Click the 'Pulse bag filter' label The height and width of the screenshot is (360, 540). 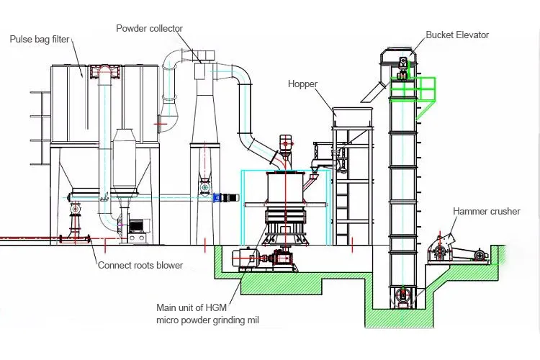tap(40, 39)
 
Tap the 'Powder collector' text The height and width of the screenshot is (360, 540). tap(149, 28)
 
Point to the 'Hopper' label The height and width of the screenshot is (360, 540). tap(302, 84)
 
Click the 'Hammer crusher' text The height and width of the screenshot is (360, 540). tap(486, 211)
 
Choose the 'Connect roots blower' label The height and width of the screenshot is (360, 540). tap(140, 265)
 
